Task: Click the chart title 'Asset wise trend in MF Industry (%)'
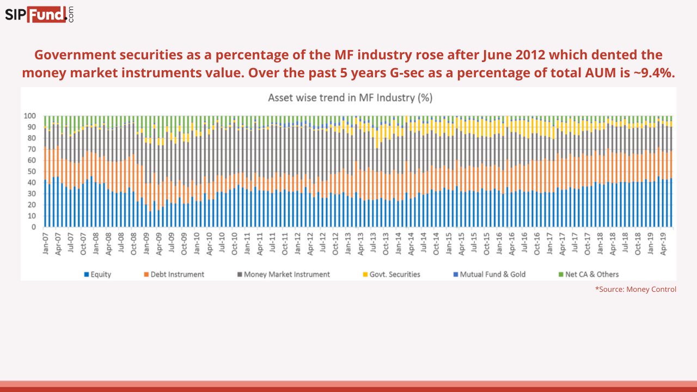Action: (350, 98)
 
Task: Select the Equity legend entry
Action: (98, 274)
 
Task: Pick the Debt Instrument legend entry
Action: (174, 274)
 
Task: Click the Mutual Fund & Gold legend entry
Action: (490, 274)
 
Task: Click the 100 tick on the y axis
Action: (30, 116)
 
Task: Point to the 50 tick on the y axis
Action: (32, 171)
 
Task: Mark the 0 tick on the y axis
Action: (34, 227)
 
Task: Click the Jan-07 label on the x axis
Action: (46, 243)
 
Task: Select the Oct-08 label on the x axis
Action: (134, 243)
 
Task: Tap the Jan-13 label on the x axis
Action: (348, 243)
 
